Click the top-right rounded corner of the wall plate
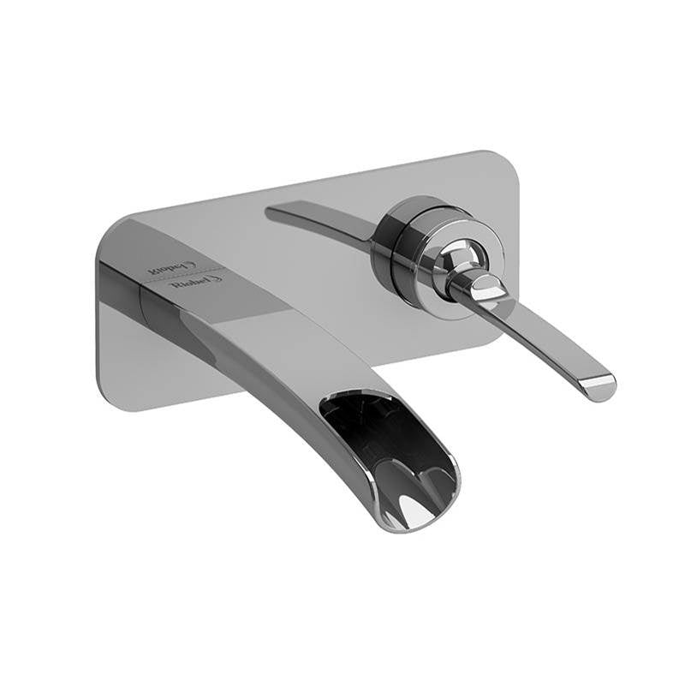505,163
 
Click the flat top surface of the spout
257,308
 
